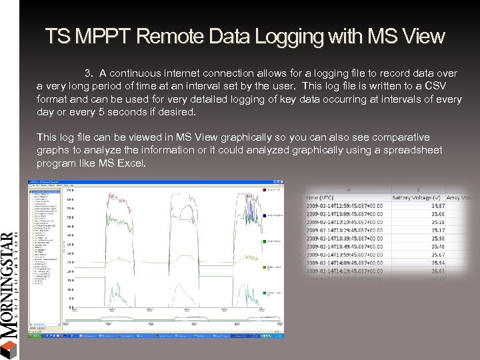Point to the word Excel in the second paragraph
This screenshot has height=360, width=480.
[x=130, y=163]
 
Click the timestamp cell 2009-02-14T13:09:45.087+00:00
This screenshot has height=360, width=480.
[x=345, y=215]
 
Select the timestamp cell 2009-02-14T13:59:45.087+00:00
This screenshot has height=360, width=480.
[x=345, y=255]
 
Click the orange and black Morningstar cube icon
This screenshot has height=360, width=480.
[x=8, y=349]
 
